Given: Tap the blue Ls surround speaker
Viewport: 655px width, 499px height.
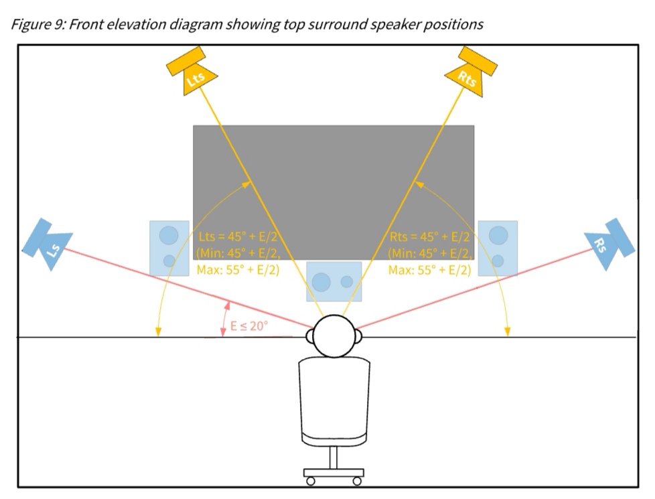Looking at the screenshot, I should pyautogui.click(x=48, y=244).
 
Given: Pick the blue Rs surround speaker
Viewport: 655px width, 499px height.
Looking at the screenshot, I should pyautogui.click(x=609, y=244).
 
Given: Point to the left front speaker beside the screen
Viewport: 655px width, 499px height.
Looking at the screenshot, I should pyautogui.click(x=169, y=246).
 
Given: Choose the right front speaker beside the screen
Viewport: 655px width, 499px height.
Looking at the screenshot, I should pyautogui.click(x=498, y=247).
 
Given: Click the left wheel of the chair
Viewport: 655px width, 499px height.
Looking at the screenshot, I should pyautogui.click(x=309, y=481).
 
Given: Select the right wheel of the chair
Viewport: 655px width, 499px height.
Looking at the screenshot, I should pyautogui.click(x=358, y=481).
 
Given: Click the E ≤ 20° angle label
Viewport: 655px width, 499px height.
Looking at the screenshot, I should pyautogui.click(x=249, y=326).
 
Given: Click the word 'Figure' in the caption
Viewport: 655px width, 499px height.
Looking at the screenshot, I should pyautogui.click(x=28, y=25).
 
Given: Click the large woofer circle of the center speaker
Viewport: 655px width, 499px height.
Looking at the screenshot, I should pyautogui.click(x=322, y=281).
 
